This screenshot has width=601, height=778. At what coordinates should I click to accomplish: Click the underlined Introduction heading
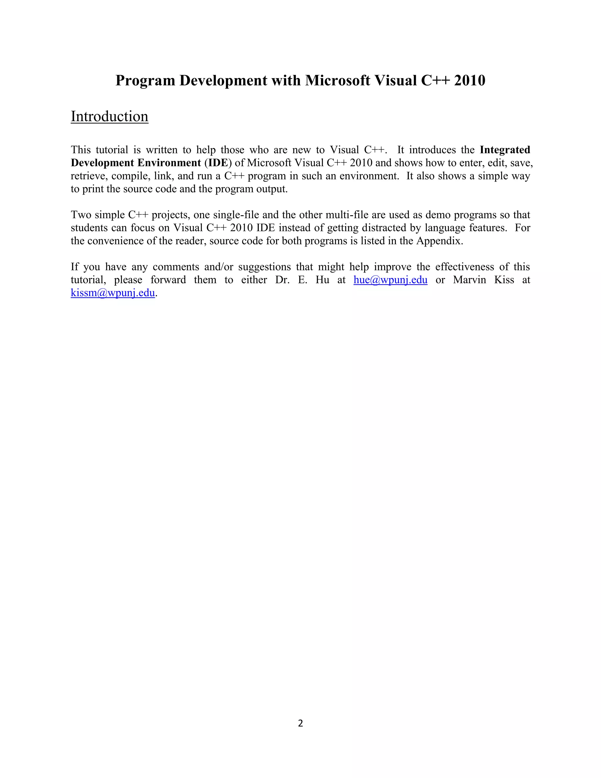coord(109,117)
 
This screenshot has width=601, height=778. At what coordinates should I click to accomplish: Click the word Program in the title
coord(145,80)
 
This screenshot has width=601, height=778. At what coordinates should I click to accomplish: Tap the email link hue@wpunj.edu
coord(390,280)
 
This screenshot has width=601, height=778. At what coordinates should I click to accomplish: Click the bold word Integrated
coord(505,150)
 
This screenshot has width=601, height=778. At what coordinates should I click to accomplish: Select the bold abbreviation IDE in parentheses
coord(218,163)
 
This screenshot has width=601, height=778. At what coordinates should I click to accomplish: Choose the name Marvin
coord(469,280)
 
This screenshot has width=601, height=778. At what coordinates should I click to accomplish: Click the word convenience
coord(117,241)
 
